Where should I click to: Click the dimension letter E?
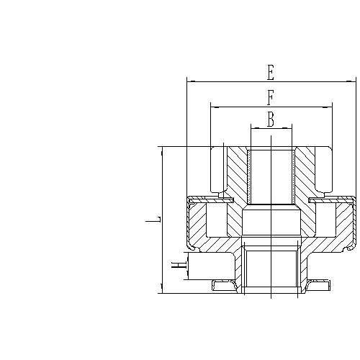(271, 72)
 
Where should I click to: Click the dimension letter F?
(271, 97)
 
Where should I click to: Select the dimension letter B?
(271, 120)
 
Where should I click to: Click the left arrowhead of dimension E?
(189, 81)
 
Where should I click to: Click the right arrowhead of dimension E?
(354, 81)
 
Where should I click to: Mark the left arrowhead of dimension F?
(213, 107)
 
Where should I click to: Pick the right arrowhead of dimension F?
(330, 107)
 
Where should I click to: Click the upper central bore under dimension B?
(271, 176)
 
